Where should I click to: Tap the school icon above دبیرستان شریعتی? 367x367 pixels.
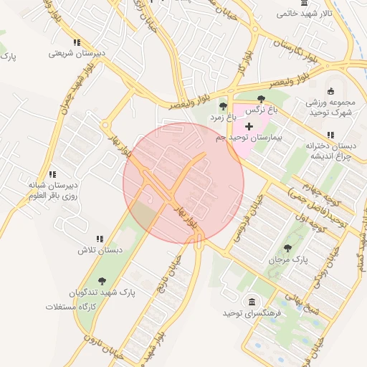pyautogui.click(x=77, y=42)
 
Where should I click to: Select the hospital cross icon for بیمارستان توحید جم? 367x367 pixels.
pyautogui.click(x=248, y=126)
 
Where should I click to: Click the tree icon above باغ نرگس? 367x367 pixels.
pyautogui.click(x=260, y=100)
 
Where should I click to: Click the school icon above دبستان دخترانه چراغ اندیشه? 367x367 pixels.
pyautogui.click(x=330, y=135)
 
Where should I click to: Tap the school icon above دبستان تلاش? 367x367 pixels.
pyautogui.click(x=100, y=239)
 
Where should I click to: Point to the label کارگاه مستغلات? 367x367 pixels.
pyautogui.click(x=71, y=307)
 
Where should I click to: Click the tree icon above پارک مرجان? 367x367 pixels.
pyautogui.click(x=288, y=248)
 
